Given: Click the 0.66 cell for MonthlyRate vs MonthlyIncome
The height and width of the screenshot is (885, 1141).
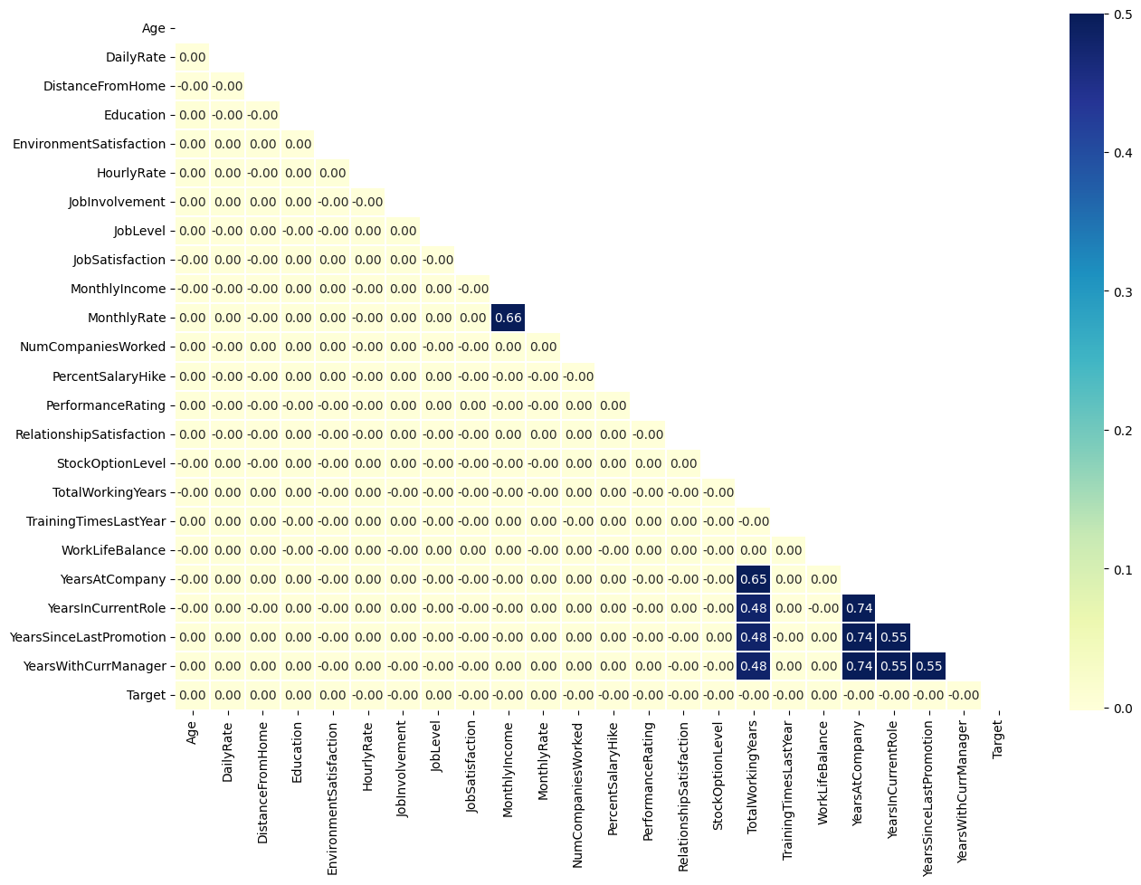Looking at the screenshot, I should [509, 318].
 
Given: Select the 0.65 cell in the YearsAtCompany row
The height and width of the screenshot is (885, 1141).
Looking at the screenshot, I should [753, 579].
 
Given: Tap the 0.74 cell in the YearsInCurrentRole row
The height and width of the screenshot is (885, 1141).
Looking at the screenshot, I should [858, 608].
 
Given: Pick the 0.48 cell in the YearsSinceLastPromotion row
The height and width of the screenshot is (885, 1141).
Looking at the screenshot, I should [753, 637].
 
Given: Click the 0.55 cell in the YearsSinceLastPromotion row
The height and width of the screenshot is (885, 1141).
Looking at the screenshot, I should [893, 637].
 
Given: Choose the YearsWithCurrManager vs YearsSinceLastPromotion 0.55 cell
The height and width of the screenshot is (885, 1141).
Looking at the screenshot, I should [927, 666].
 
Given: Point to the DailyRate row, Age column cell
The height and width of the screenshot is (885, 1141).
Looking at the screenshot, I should [192, 57].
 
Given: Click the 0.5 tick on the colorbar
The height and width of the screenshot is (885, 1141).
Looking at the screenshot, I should [1124, 14].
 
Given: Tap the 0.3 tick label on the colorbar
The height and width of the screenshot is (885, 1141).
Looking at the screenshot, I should [1124, 291].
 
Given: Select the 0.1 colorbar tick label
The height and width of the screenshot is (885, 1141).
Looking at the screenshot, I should [1124, 569].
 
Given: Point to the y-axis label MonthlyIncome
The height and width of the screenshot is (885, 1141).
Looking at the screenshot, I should [118, 289].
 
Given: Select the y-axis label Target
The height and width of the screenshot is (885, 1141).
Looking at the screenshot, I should [146, 695].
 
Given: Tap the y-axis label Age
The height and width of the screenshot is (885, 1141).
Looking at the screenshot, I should [154, 28].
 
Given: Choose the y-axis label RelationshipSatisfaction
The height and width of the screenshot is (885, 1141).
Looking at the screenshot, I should [90, 434].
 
